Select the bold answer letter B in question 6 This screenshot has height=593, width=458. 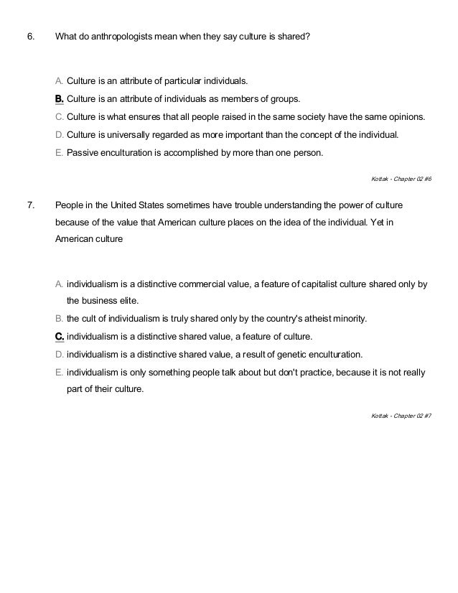(59, 98)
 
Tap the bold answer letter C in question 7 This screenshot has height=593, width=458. (59, 336)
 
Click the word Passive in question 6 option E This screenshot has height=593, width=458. (83, 152)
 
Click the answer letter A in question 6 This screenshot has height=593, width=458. (59, 80)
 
